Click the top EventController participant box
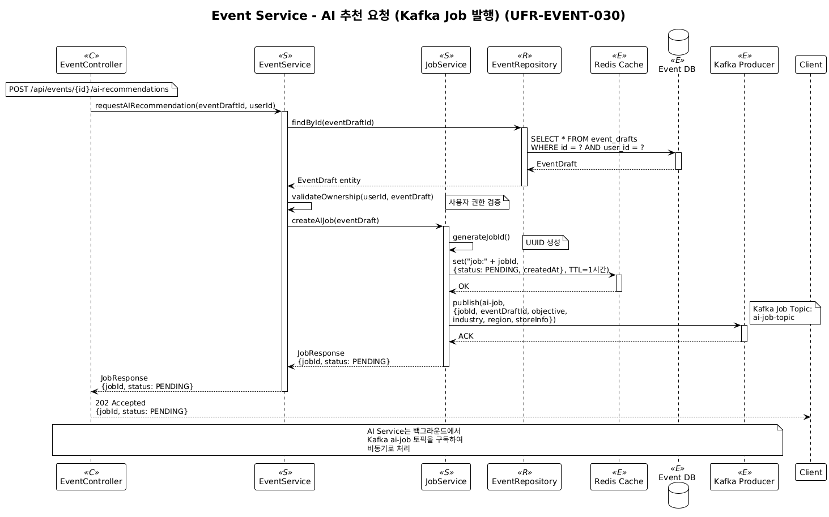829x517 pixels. [91, 60]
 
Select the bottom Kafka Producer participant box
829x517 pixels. [744, 477]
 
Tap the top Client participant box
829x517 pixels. [810, 65]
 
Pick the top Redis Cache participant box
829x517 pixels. [619, 60]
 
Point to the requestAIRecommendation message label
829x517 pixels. [185, 106]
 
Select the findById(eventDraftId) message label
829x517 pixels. [333, 123]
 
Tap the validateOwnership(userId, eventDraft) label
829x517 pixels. [362, 197]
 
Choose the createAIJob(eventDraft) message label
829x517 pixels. [335, 221]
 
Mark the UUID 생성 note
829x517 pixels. [544, 243]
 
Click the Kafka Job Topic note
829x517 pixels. [785, 313]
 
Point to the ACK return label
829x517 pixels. [466, 336]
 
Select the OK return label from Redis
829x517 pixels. [464, 287]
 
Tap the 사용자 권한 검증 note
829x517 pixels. [476, 202]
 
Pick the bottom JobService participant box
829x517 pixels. [446, 477]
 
